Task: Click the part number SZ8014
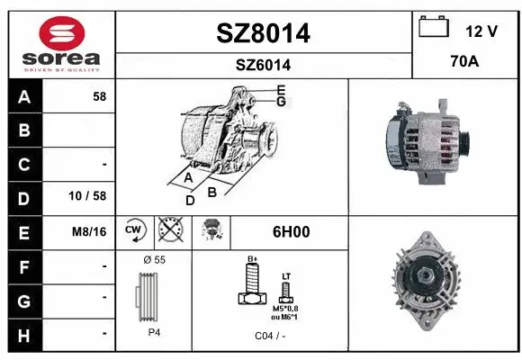tap(264, 33)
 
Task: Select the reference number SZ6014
tap(264, 65)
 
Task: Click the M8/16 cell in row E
tap(89, 231)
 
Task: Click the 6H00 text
tap(291, 231)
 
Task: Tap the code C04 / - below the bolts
tap(269, 335)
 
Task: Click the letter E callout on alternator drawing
tap(281, 89)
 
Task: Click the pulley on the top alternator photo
tap(466, 142)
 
